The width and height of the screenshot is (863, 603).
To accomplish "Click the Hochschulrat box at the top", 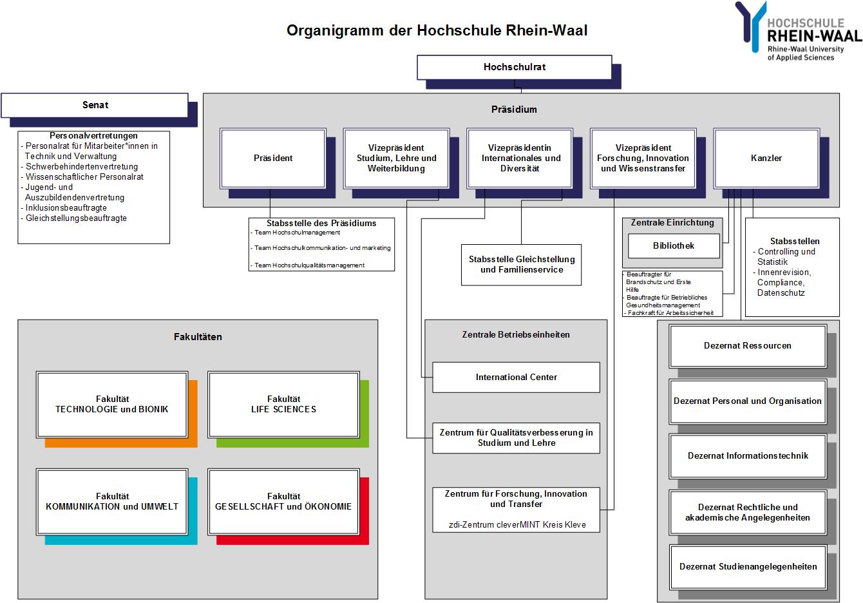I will pos(514,67).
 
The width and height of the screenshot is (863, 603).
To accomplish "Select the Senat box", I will pos(95,105).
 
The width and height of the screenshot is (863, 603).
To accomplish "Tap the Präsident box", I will pos(273,158).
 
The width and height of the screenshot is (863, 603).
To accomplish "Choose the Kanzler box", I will pos(766,158).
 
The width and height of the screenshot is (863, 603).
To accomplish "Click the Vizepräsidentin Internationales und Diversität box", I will pos(520,158).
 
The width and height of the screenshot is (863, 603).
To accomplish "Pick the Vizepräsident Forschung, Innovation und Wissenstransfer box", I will pos(643,158).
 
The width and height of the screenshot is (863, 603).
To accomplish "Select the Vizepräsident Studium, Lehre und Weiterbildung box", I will pos(396,158).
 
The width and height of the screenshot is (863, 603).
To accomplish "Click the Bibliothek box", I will pos(674,245).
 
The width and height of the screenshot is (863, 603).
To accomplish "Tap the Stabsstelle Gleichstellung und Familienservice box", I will pos(521,265).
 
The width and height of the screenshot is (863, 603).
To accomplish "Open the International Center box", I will pos(516,377).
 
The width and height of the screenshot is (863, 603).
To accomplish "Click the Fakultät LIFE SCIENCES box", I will pos(283,404).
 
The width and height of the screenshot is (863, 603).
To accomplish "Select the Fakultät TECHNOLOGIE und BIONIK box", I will pos(112,404).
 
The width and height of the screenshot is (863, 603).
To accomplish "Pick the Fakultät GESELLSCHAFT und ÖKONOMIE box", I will pos(283,501).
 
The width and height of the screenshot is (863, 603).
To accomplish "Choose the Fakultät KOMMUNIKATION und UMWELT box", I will pos(112,501).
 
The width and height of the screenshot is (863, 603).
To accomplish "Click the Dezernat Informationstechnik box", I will pos(748,455).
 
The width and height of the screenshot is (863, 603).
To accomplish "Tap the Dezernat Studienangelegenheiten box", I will pos(748,566).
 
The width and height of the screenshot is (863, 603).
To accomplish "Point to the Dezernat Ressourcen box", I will pos(748,345).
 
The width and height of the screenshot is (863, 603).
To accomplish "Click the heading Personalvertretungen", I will pos(93,136).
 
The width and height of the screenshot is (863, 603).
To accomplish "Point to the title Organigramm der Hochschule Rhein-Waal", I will pos(437,30).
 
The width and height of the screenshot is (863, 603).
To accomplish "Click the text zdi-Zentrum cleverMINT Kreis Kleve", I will pos(517,524).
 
